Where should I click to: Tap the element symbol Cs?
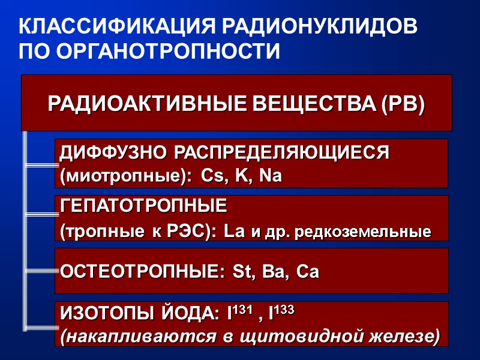pyautogui.click(x=212, y=176)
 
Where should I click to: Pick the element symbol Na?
pyautogui.click(x=269, y=176)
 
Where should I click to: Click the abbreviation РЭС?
pyautogui.click(x=191, y=232)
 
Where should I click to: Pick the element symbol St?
pyautogui.click(x=242, y=272)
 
